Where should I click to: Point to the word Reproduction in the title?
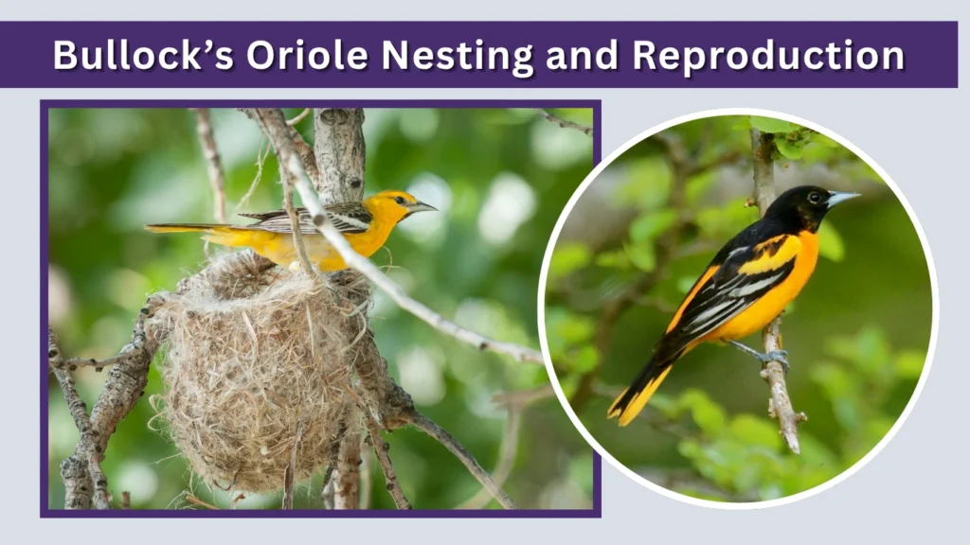(768, 55)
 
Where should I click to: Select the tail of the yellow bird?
(180, 228)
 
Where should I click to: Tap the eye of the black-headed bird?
(812, 197)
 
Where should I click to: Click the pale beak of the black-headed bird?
(842, 198)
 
